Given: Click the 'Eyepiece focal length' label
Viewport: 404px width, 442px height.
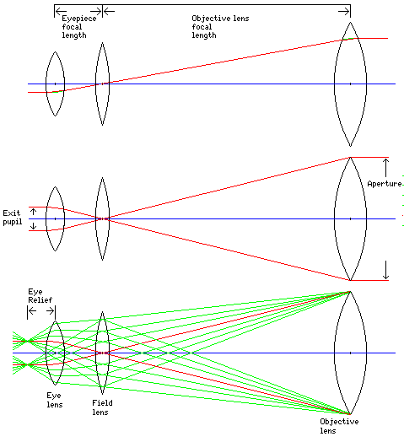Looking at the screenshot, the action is pos(79,27).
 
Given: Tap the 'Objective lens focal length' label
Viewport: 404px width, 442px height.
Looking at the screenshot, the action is pos(220,27).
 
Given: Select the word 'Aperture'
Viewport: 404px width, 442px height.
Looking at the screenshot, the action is pos(385,184).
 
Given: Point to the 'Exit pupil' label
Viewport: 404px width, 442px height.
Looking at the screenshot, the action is pos(12,217).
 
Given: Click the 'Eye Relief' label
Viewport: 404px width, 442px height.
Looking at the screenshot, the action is pos(40,296).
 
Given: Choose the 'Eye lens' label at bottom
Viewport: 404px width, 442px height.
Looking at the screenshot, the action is pos(54,400).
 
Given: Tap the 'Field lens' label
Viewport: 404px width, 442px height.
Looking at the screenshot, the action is pos(102,407).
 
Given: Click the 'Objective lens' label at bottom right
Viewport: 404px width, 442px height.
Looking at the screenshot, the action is pos(339,426).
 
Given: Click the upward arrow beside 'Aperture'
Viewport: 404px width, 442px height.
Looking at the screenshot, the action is pos(385,168).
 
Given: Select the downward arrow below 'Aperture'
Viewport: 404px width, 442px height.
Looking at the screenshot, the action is pos(385,270).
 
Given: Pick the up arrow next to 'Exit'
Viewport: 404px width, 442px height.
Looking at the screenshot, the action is pos(33,212).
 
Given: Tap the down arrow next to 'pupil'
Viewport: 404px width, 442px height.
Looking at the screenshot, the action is pos(33,226).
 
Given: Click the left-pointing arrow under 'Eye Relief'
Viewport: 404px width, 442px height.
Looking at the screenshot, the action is pos(32,311).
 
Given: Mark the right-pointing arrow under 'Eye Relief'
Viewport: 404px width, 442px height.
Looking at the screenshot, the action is pos(50,311).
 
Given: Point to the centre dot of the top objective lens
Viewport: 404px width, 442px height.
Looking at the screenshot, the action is pos(350,84).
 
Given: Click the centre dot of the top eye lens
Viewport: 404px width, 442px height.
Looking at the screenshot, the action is pos(56,84).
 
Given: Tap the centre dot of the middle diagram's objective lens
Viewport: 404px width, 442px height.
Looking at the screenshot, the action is pos(350,218).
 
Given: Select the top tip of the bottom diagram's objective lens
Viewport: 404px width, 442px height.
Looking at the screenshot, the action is pos(350,292).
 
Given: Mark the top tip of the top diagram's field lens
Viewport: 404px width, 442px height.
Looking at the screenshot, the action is pos(102,43).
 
